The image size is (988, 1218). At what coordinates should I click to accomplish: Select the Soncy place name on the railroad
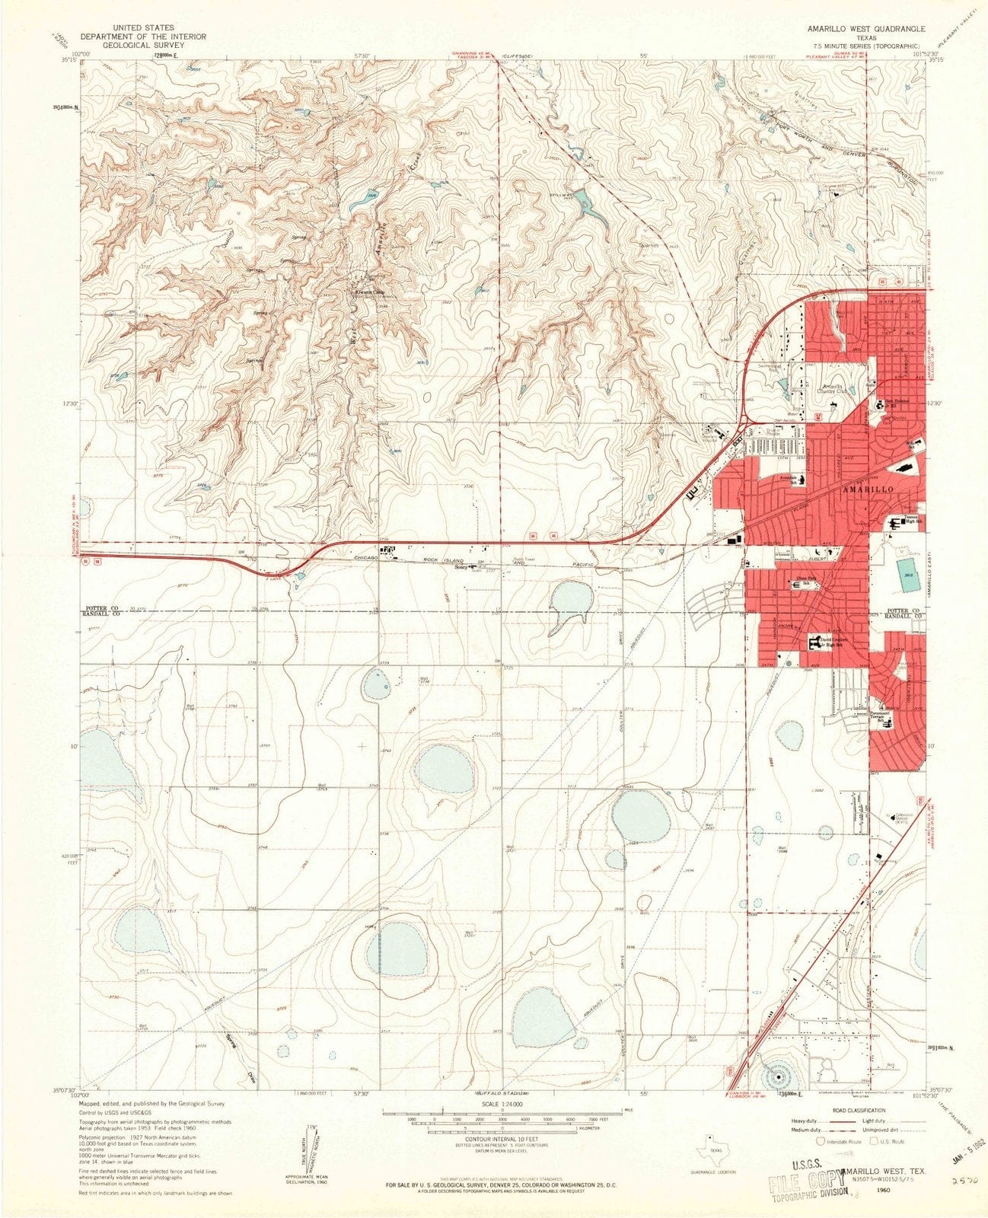tap(461, 566)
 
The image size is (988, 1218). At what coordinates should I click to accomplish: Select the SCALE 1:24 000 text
tap(502, 1104)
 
